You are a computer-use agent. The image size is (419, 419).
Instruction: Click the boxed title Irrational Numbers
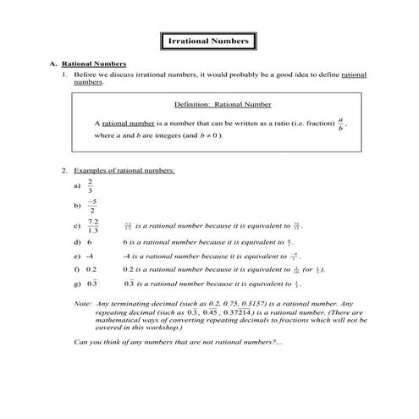tap(208, 41)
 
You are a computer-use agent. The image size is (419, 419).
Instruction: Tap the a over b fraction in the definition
tap(340, 124)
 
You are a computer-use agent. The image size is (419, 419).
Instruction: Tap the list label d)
tap(77, 241)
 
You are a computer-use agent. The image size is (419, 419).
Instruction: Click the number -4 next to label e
tap(91, 255)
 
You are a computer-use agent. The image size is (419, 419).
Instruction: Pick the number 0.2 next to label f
tap(91, 269)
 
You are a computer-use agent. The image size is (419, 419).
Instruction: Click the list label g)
tap(77, 284)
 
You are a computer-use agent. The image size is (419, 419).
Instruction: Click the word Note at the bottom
tap(83, 303)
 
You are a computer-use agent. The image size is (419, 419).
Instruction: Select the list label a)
tap(77, 185)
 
